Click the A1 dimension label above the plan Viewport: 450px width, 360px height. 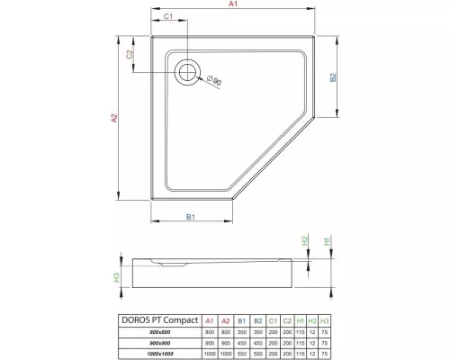coord(232,5)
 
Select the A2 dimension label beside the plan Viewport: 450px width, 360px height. coord(115,119)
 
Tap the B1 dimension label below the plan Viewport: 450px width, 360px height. coord(191,218)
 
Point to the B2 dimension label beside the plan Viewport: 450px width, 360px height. coord(332,78)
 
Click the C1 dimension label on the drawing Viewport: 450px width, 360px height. coord(168,17)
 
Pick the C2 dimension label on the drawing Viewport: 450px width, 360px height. coord(130,55)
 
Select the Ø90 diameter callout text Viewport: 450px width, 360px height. coord(215,82)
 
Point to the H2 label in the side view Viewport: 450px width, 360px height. coord(304,241)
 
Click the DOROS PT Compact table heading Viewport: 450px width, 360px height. coord(157,319)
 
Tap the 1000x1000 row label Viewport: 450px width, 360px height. coord(157,354)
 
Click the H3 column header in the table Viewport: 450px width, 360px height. coord(325,319)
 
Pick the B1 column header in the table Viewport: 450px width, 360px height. coord(241,319)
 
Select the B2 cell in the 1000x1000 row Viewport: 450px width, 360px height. coord(256,354)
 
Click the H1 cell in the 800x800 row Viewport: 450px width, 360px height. coord(298,331)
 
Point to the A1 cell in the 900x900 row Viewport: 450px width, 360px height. coord(209,343)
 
